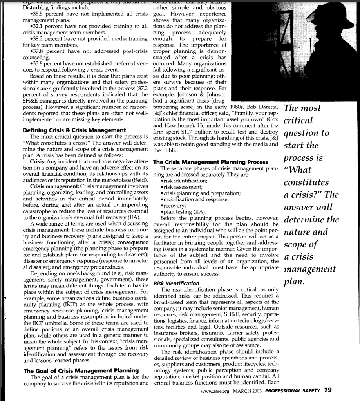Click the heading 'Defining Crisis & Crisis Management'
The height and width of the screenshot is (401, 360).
pos(74,130)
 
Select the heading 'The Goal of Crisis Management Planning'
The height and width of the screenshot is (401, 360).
pos(81,370)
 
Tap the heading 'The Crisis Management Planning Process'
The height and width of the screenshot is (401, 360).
pos(211,162)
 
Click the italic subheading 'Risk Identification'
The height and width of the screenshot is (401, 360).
pos(176,283)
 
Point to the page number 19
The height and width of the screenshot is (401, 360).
pos(327,390)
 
